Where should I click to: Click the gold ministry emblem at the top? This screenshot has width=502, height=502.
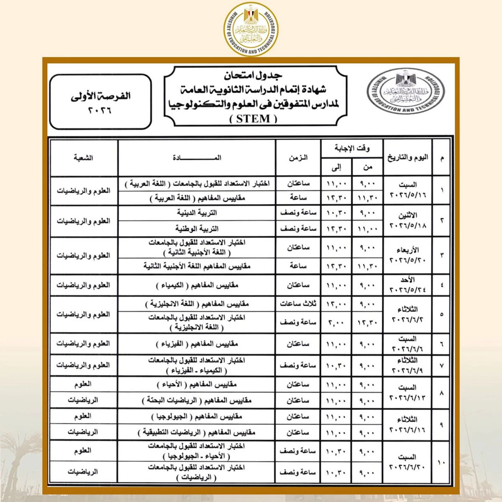251,28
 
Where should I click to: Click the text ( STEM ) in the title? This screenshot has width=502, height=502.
254,119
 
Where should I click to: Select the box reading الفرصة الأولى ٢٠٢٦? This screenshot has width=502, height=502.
100,102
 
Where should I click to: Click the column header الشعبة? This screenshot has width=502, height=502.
84,158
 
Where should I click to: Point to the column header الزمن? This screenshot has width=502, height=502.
298,158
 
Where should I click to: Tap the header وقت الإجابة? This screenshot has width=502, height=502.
352,148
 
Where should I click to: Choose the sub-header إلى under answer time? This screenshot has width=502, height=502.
336,168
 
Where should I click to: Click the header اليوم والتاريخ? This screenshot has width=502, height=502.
408,158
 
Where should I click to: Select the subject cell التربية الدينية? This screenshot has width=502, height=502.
197,213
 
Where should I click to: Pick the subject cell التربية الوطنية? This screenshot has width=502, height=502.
197,229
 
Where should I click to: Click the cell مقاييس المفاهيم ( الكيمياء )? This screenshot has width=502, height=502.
197,285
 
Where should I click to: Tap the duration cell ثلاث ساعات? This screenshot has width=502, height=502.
298,304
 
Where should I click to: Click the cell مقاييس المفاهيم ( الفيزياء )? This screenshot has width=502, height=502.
197,344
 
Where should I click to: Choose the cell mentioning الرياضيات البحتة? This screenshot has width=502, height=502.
197,400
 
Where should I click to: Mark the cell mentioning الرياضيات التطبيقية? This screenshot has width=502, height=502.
197,432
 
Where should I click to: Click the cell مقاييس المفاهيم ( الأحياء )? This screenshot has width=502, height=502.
197,384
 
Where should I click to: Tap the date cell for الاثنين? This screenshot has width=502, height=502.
408,221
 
